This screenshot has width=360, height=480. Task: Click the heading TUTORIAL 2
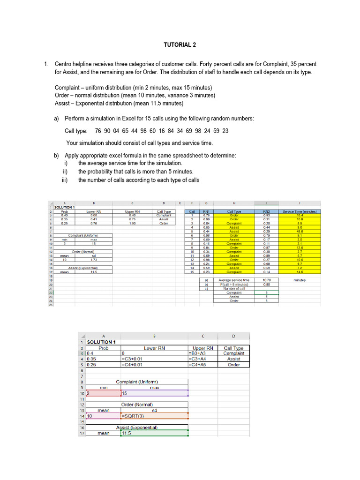click(x=180, y=45)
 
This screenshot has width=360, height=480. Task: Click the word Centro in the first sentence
click(x=64, y=64)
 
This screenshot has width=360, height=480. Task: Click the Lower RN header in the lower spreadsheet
click(x=154, y=348)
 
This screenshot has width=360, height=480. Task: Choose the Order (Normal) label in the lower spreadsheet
click(x=137, y=405)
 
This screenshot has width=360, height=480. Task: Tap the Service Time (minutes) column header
click(x=300, y=211)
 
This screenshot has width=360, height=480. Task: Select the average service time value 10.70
click(x=267, y=280)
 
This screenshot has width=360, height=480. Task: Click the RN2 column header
click(x=267, y=211)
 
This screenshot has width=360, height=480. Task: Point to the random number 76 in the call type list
click(x=98, y=131)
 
